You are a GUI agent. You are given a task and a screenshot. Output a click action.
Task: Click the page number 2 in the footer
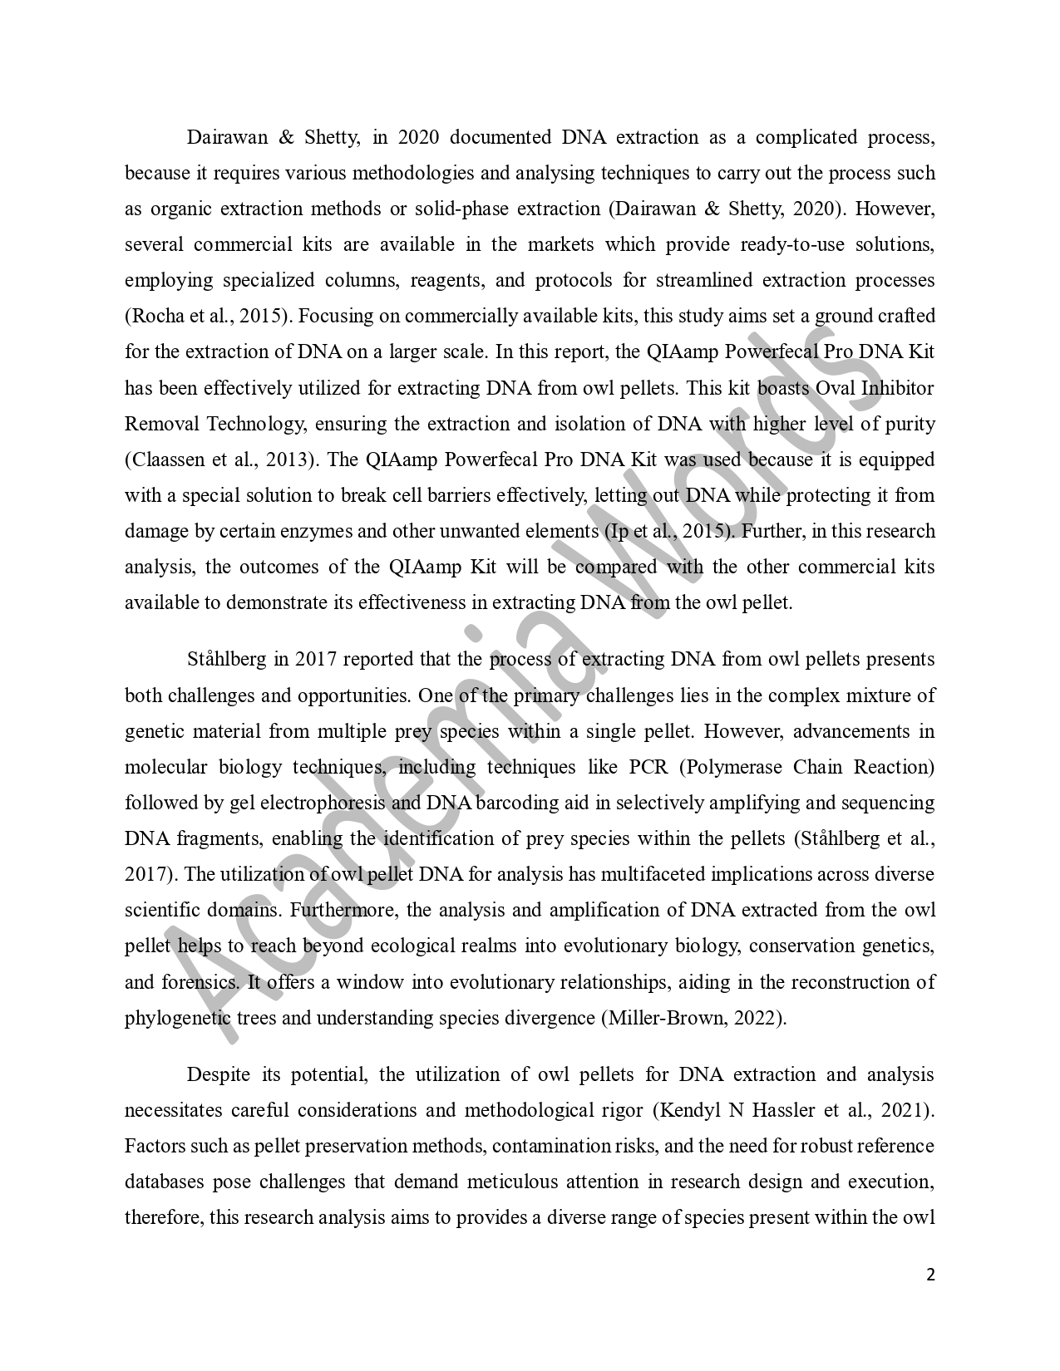[930, 1275]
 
